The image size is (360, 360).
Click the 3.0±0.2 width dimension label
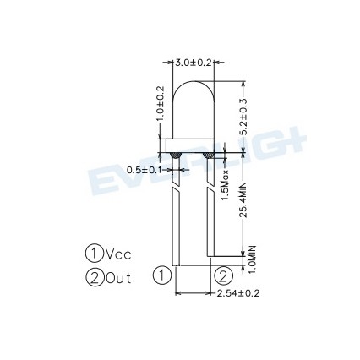click(x=194, y=63)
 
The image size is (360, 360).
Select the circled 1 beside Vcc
click(x=95, y=252)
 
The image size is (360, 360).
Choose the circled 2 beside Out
click(x=95, y=275)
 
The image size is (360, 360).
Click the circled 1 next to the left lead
click(x=162, y=275)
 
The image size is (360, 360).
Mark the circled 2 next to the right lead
click(x=222, y=275)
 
